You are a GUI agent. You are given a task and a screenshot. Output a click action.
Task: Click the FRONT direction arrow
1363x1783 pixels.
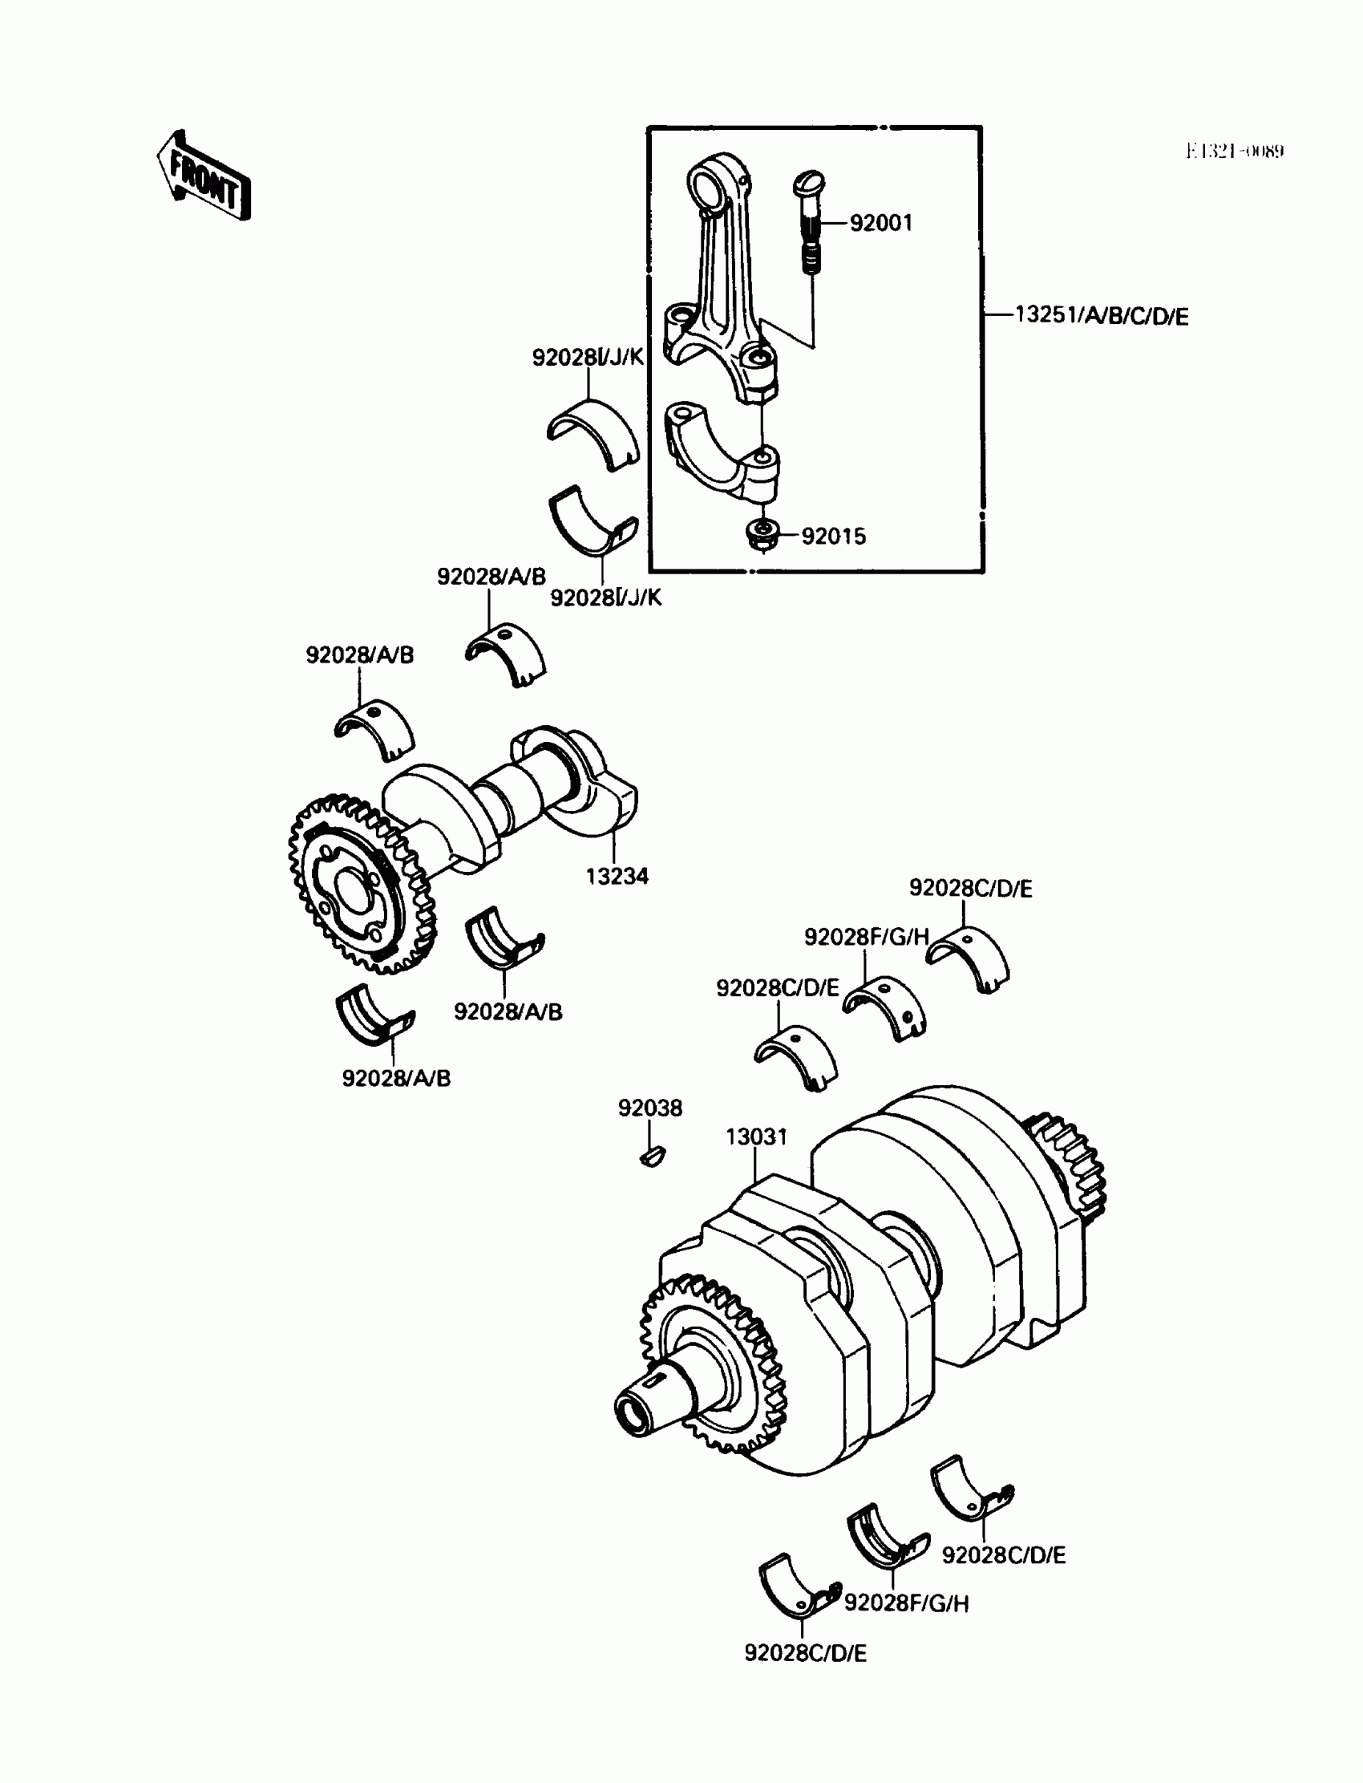(204, 176)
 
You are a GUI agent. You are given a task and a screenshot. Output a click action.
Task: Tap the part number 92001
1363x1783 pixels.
(880, 223)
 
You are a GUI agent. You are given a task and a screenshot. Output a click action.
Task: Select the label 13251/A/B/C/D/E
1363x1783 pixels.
(1101, 316)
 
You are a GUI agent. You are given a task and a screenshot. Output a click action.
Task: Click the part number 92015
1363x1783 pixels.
(833, 537)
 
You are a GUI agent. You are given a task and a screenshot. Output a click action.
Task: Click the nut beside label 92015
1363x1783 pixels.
(762, 534)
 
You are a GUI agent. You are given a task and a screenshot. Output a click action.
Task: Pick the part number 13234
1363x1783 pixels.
(617, 877)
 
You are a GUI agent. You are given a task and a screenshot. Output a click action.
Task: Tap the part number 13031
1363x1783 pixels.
(756, 1137)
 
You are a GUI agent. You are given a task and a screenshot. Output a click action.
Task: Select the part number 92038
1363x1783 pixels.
(650, 1108)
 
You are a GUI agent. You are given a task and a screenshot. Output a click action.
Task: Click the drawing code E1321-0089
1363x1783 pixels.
(1234, 152)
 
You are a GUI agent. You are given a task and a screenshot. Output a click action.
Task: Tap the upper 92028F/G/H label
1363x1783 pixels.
(866, 938)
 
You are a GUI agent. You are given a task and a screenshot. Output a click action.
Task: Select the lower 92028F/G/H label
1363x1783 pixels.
(906, 1603)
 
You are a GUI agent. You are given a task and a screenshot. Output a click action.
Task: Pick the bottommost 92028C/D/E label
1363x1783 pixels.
(805, 1653)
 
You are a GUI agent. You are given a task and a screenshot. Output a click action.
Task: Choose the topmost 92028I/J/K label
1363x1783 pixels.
(588, 357)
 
